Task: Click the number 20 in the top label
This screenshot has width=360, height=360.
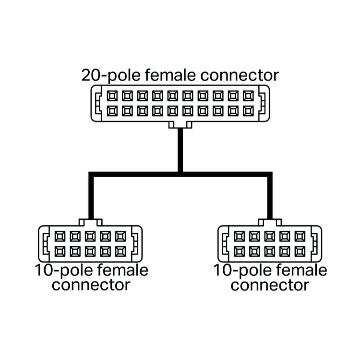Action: [91, 75]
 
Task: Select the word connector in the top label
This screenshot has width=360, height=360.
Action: [240, 75]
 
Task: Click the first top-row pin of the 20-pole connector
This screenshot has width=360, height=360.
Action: [112, 96]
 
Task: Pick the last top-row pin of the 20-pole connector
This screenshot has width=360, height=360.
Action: [248, 96]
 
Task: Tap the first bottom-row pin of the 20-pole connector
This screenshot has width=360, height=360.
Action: [112, 111]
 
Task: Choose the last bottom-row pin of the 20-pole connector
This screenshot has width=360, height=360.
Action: [248, 111]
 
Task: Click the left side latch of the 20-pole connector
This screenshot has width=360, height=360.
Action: [98, 103]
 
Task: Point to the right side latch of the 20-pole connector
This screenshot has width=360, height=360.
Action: [262, 103]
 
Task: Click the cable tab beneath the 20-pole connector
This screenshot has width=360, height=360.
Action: [180, 125]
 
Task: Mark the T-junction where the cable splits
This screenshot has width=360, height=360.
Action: [180, 175]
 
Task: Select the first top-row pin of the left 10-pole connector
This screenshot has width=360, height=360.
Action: [60, 236]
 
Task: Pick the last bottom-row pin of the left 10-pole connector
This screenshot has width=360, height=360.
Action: [120, 252]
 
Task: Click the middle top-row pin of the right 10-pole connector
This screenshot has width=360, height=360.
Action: [270, 236]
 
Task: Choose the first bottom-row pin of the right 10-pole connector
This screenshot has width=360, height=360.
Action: [239, 252]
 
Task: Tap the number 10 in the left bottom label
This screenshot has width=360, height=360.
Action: [44, 270]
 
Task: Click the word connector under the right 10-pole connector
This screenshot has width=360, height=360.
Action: [270, 285]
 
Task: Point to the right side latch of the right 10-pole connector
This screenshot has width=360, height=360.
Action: [314, 244]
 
